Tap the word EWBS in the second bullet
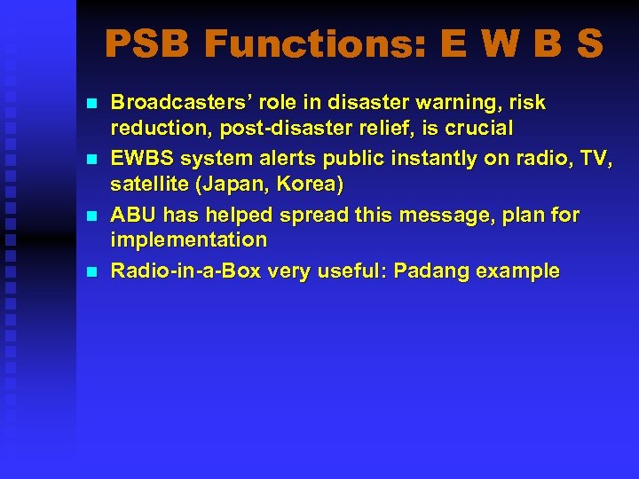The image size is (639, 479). click(139, 159)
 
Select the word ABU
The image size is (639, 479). click(131, 215)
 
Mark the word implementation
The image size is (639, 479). click(188, 240)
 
